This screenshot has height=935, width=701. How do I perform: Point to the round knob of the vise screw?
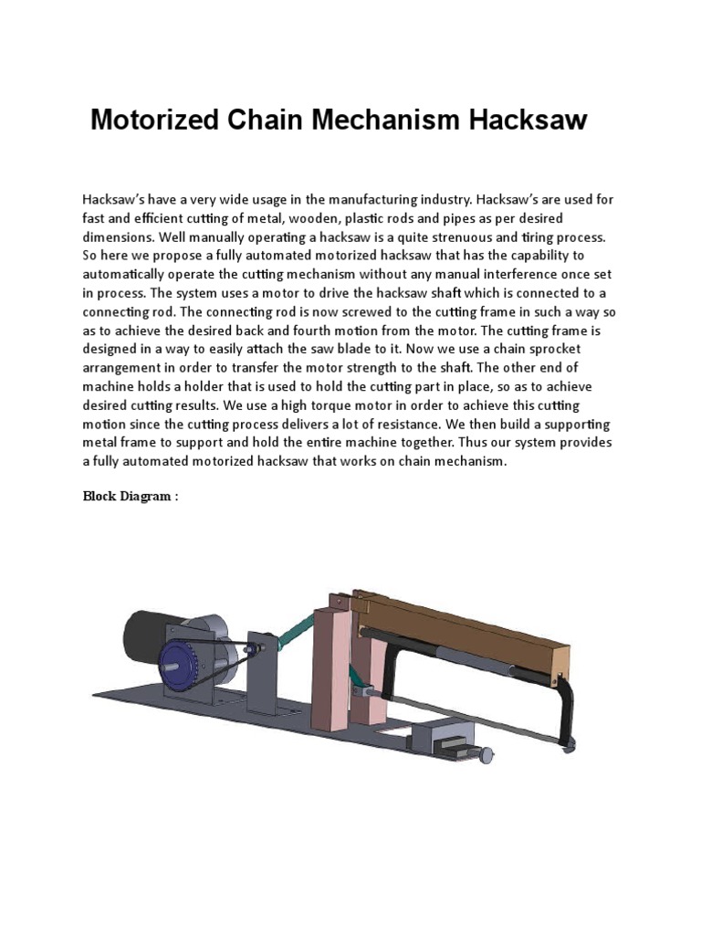tap(488, 754)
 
